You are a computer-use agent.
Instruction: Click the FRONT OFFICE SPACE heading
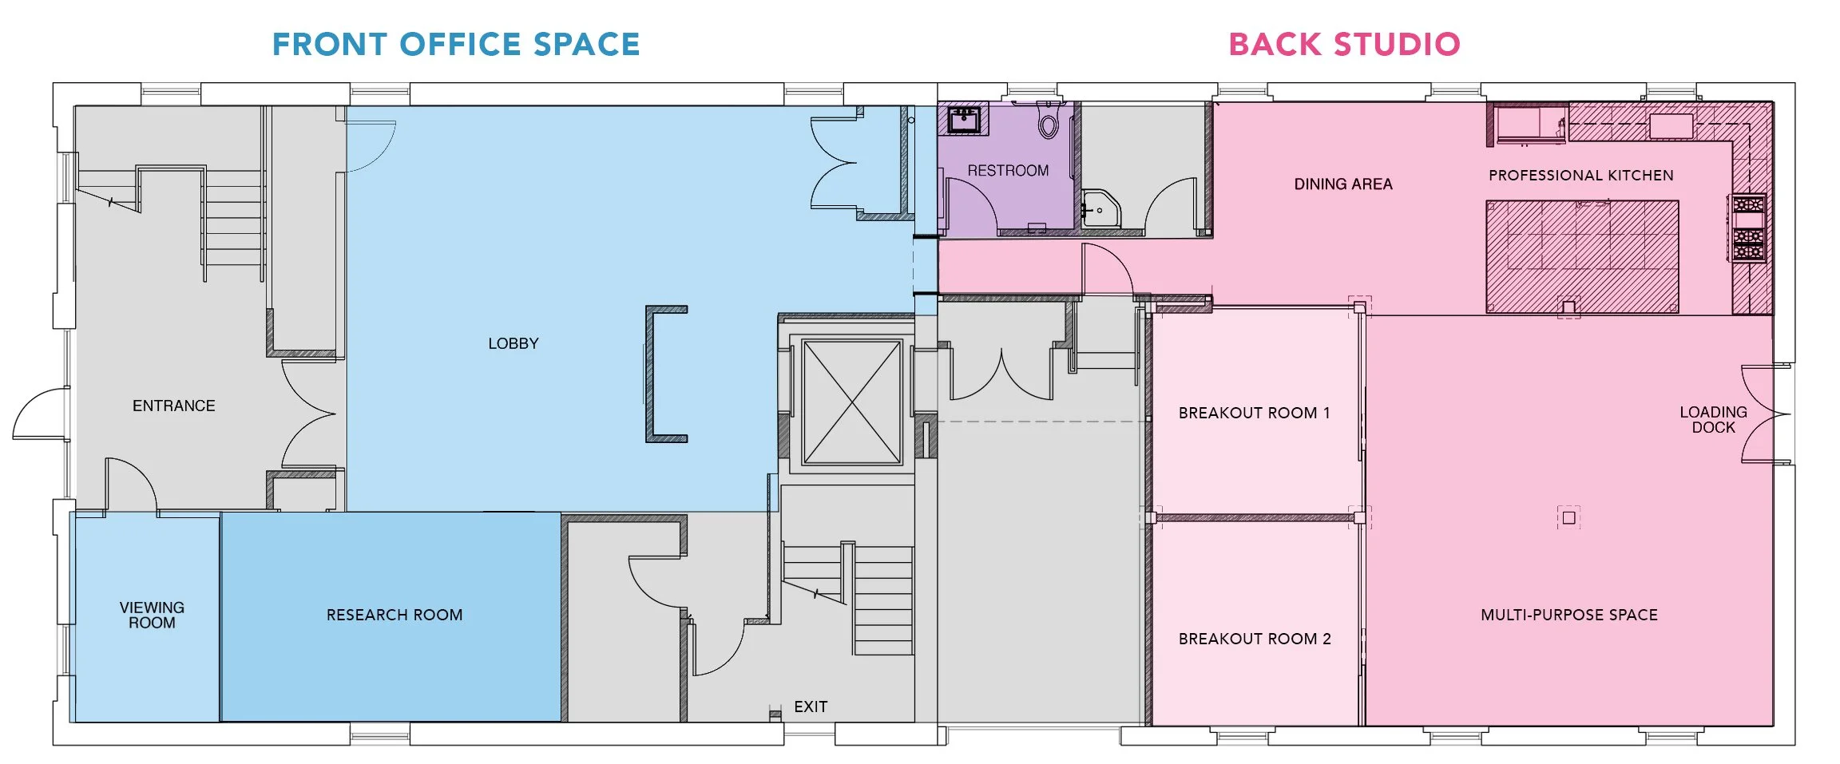(x=456, y=45)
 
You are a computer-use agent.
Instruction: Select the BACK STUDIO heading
(x=1344, y=45)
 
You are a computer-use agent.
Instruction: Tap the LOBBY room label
(x=514, y=343)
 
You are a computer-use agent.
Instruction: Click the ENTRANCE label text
(x=174, y=406)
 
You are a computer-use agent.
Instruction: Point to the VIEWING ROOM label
(x=152, y=615)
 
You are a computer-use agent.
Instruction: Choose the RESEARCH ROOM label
(x=395, y=615)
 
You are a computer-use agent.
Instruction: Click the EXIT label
(x=811, y=707)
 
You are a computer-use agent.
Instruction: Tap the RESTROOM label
(x=1008, y=171)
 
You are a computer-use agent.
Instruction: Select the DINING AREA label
(x=1343, y=184)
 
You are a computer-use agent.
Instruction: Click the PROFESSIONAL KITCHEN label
(x=1580, y=176)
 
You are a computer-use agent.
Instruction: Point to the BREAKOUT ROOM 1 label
(x=1254, y=413)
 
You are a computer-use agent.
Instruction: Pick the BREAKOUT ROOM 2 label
(x=1255, y=639)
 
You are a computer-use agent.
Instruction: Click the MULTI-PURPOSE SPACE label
(x=1569, y=615)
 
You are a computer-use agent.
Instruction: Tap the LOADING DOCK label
(x=1713, y=419)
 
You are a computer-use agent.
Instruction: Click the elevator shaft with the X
(x=852, y=402)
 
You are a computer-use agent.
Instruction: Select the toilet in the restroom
(x=1049, y=121)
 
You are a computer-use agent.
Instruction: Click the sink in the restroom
(x=965, y=120)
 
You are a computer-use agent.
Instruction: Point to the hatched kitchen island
(x=1581, y=255)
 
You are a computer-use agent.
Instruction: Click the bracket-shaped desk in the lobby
(x=663, y=374)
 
